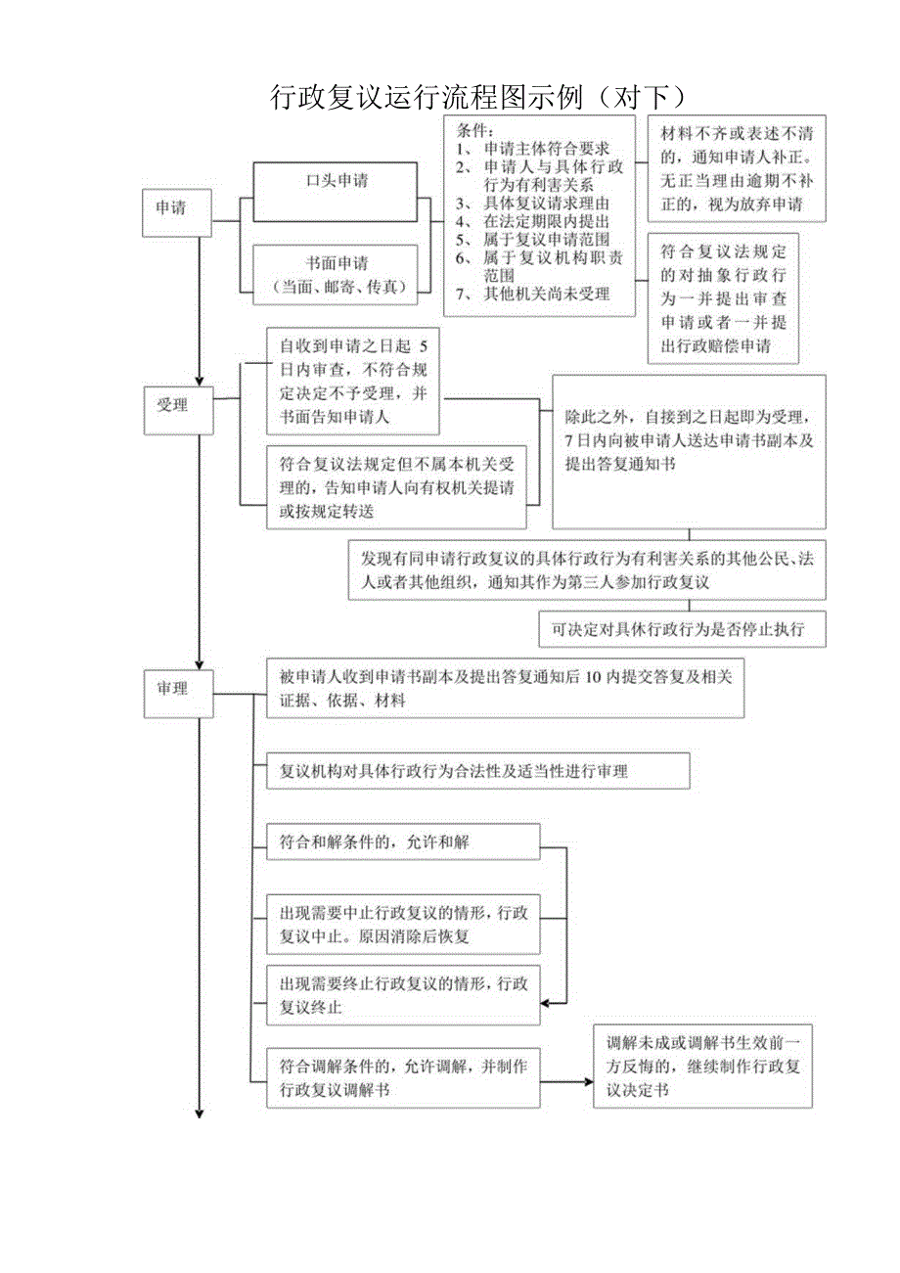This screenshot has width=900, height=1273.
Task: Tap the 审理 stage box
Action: tap(177, 689)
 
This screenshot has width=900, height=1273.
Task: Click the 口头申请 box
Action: tap(337, 182)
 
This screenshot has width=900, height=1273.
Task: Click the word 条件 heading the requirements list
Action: tap(475, 130)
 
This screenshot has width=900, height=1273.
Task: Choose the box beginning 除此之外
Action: tap(689, 451)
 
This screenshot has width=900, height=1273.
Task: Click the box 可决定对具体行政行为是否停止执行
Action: tap(682, 629)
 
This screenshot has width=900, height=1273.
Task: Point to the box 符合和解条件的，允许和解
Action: tap(403, 841)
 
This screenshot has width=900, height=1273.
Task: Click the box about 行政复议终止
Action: tap(403, 994)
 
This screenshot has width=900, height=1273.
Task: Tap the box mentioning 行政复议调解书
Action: tap(403, 1077)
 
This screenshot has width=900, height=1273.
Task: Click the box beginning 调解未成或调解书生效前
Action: tap(702, 1066)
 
